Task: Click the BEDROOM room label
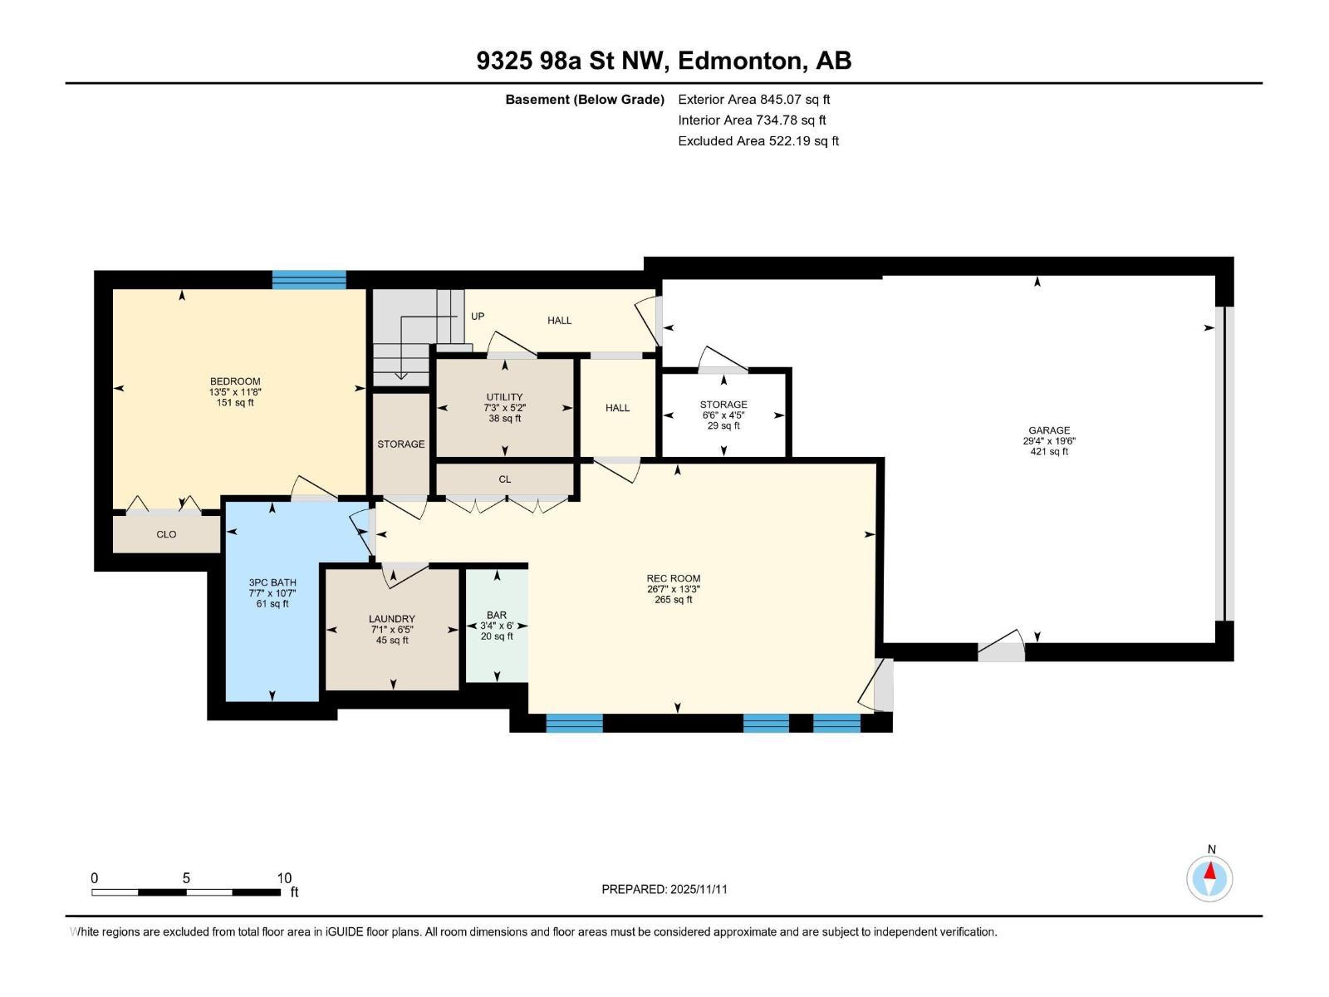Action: [235, 381]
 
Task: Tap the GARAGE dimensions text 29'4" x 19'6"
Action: [1049, 441]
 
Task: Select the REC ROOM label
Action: [674, 578]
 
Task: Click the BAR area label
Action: [497, 616]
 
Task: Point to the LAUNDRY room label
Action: [392, 619]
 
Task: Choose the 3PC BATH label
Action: [272, 582]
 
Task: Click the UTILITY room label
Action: [504, 397]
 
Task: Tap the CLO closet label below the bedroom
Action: [166, 534]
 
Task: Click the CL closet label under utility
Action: [505, 479]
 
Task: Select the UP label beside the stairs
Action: [478, 317]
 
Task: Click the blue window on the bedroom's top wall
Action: [309, 279]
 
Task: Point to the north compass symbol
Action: [1210, 878]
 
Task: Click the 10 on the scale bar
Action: [284, 878]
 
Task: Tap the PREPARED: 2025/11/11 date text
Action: [664, 889]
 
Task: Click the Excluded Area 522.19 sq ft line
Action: [758, 141]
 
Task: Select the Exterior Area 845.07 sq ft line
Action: [754, 100]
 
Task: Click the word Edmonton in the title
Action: [740, 61]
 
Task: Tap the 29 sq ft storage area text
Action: [723, 425]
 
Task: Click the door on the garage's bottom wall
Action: [1001, 650]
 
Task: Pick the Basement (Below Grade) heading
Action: [585, 100]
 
